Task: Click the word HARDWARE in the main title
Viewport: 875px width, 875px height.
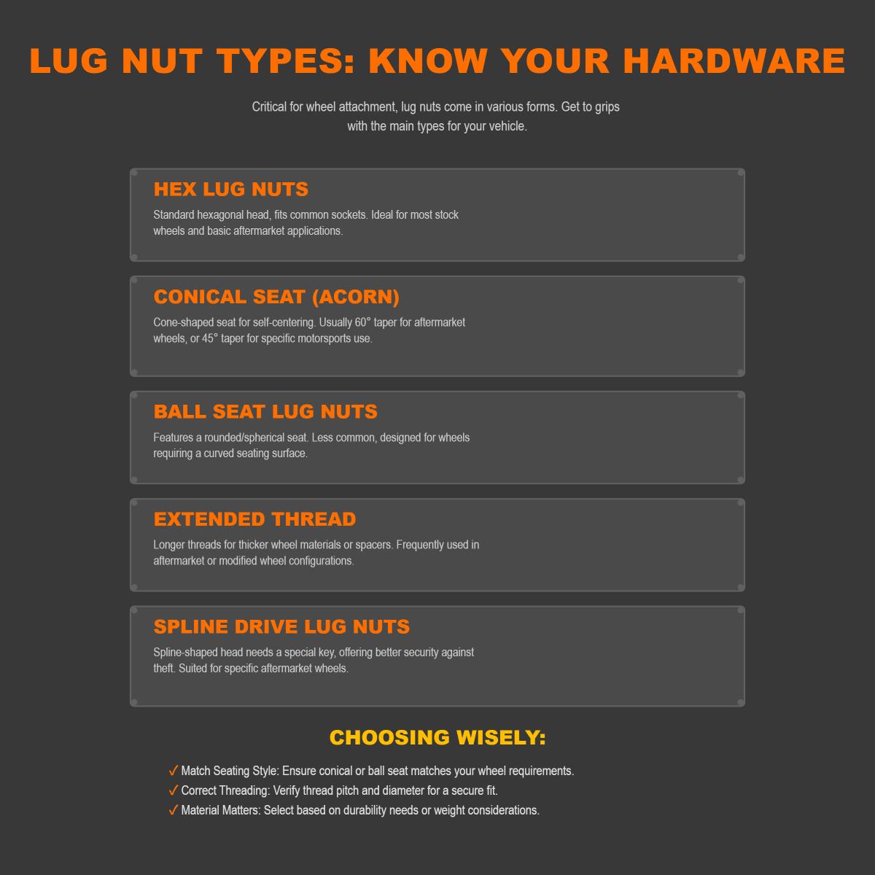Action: click(x=734, y=61)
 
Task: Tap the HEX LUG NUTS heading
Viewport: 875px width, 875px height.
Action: click(x=231, y=190)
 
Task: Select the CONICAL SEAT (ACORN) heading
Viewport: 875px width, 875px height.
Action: click(x=276, y=297)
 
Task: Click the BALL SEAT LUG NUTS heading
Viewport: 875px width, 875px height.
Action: click(x=265, y=412)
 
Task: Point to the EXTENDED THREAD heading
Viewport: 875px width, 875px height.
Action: click(x=254, y=519)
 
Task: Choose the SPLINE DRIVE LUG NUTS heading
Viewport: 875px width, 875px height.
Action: click(x=281, y=627)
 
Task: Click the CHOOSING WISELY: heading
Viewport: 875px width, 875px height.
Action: click(x=437, y=737)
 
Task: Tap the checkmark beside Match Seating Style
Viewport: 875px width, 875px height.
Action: click(x=174, y=771)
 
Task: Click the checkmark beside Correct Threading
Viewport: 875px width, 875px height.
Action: click(x=174, y=790)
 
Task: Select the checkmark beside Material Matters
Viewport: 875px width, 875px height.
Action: click(x=174, y=810)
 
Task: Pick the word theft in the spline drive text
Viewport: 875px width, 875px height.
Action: click(x=164, y=668)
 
